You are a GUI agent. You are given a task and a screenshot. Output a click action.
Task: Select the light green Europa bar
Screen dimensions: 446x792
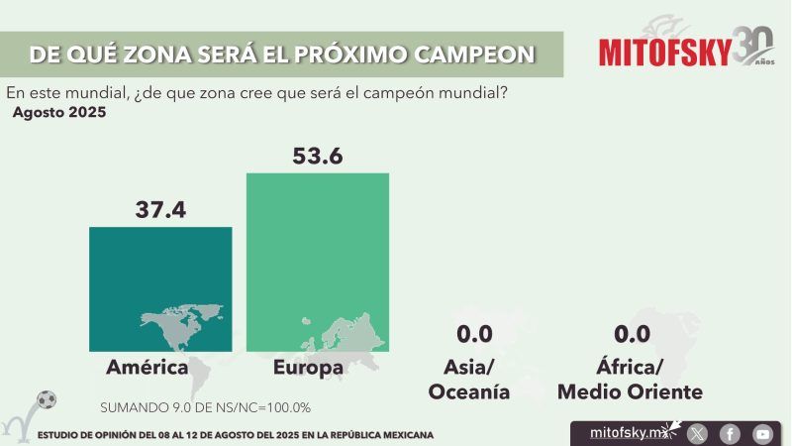click(317, 262)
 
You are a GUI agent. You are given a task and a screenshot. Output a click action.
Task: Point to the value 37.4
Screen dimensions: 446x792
click(160, 209)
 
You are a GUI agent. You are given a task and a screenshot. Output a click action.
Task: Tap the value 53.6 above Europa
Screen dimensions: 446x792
click(317, 156)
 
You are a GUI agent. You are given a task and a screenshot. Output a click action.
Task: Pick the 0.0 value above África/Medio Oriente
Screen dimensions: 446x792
click(631, 335)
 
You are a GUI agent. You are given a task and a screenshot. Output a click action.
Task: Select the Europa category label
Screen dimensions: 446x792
click(310, 369)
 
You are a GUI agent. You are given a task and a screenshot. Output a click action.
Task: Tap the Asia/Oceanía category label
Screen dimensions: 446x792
click(469, 380)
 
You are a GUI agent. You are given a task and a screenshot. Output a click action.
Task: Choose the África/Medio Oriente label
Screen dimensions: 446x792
click(630, 380)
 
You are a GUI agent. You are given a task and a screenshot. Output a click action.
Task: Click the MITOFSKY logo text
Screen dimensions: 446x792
click(664, 51)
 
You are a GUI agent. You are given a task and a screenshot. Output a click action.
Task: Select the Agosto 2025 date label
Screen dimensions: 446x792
click(59, 113)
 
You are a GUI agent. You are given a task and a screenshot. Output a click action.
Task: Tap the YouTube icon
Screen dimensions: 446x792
click(761, 433)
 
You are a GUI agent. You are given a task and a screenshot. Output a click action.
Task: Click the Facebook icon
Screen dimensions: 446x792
click(730, 433)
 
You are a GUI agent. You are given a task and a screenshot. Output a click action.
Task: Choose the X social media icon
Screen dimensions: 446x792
click(698, 433)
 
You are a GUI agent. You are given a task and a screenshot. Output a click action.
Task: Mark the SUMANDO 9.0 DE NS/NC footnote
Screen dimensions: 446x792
click(206, 407)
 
